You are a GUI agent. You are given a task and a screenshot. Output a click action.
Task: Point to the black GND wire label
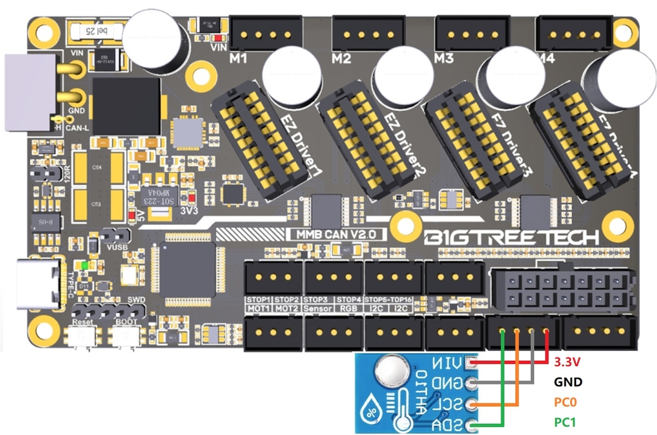[568, 382]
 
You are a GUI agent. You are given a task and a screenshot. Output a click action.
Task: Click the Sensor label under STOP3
[318, 308]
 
